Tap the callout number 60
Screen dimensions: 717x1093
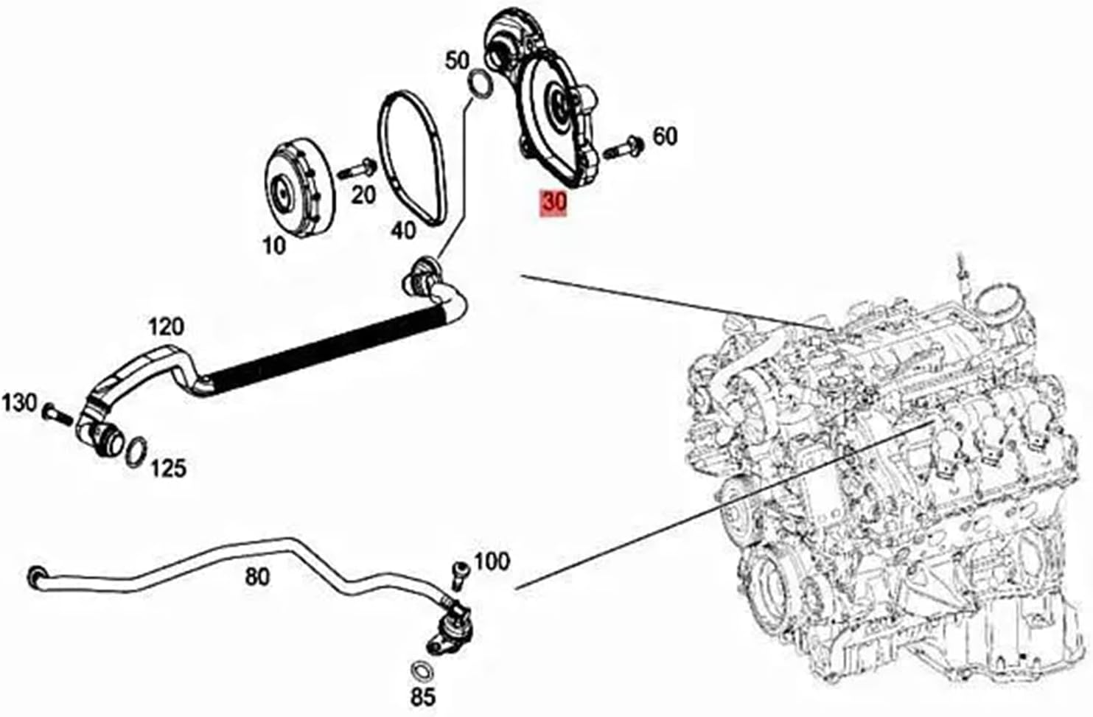tap(665, 136)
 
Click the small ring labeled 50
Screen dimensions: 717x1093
tap(479, 83)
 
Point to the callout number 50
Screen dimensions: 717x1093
tap(458, 60)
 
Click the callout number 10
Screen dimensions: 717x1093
tap(274, 245)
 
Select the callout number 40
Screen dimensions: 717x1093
tap(402, 231)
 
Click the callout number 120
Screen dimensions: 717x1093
tap(167, 326)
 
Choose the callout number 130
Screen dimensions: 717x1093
tap(19, 402)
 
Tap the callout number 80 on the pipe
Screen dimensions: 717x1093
tap(257, 576)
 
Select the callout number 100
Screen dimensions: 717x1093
tap(492, 562)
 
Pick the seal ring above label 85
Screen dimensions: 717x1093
tap(422, 671)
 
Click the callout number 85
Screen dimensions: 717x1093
tap(423, 696)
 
